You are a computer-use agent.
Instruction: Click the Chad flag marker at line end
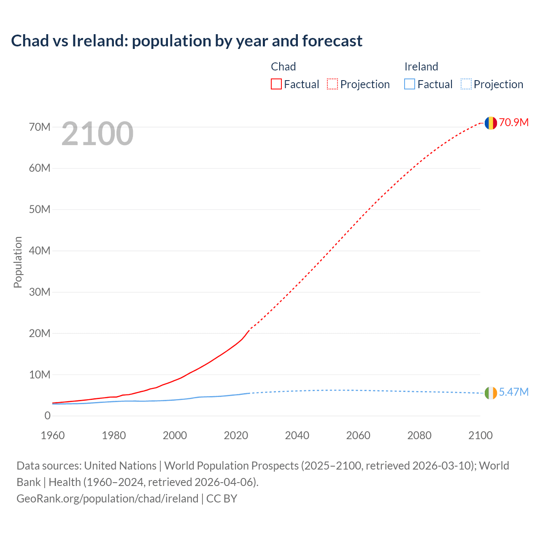point(490,123)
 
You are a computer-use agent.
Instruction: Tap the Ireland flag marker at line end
point(490,393)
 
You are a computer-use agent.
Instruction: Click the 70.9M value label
point(513,122)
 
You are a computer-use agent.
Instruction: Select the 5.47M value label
point(513,392)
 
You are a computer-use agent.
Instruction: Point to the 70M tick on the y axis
point(40,127)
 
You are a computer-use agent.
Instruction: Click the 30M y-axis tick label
point(40,292)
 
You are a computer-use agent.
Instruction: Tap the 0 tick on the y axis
point(47,416)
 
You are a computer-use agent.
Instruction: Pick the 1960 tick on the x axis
point(53,435)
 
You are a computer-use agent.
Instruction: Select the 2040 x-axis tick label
point(297,435)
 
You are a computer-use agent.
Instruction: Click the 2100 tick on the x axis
point(480,435)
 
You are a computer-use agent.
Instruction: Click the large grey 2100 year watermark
point(97,134)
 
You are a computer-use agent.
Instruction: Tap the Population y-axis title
point(18,262)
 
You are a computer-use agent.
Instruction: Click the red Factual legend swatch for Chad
point(276,84)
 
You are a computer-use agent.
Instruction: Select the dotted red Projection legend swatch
point(332,84)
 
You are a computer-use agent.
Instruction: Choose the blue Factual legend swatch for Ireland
point(409,84)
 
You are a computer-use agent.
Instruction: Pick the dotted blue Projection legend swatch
point(466,84)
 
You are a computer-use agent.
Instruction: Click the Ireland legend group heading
point(421,67)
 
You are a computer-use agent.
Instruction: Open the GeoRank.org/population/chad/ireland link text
point(107,498)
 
